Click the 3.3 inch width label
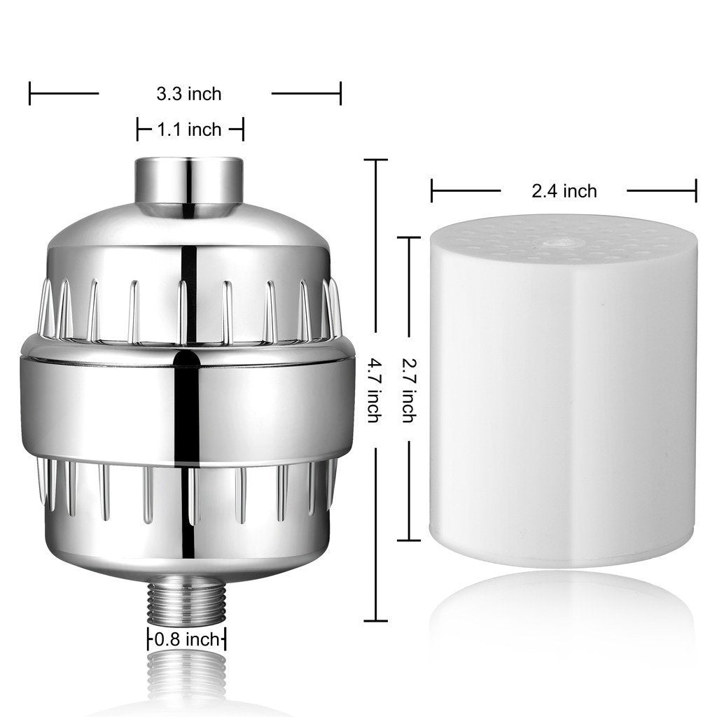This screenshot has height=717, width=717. pos(188,93)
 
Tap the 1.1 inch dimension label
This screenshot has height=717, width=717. pos(188,130)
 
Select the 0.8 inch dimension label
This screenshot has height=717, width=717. pos(186,639)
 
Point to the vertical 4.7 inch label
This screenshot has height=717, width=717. pos(375,391)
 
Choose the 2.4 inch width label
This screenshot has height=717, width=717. pos(564,190)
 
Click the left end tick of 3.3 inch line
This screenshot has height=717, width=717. pos(30,93)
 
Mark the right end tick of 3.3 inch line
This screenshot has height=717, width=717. pos(340,93)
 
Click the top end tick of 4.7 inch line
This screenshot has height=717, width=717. pos(375,161)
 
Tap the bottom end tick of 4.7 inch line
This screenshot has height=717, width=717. pos(375,620)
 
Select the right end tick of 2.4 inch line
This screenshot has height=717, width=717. pos(696,190)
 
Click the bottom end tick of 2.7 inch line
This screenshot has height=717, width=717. pos(409,540)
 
